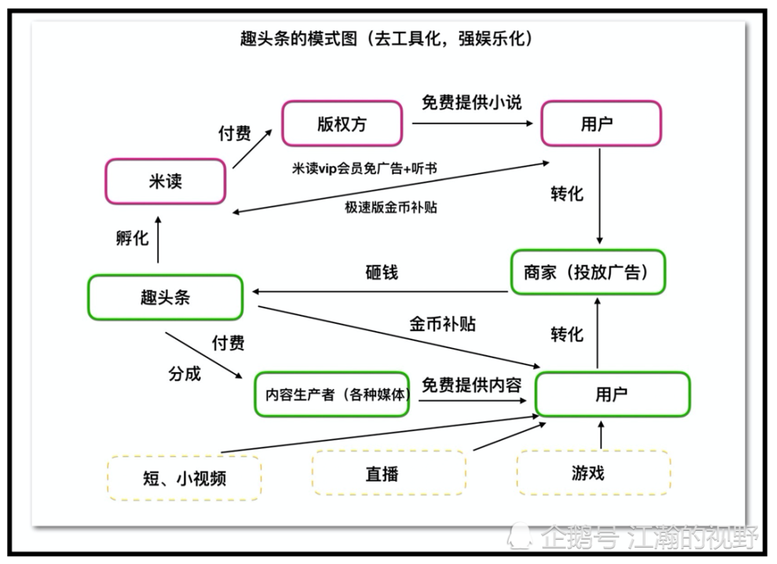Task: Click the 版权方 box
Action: [x=342, y=124]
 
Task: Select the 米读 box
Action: [x=166, y=182]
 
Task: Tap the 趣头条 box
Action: [x=165, y=297]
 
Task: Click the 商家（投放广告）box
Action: [x=588, y=272]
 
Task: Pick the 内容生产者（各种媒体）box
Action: [x=333, y=394]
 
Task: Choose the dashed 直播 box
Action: [x=388, y=473]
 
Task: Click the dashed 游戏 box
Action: [x=593, y=472]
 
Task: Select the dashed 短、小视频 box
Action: [x=184, y=478]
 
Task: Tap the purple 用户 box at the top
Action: [x=601, y=124]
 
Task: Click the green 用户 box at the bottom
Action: [x=612, y=395]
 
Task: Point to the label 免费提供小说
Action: [x=472, y=103]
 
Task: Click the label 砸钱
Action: [x=382, y=273]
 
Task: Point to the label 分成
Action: [x=185, y=374]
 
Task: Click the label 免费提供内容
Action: [x=471, y=384]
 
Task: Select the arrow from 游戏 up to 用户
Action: [x=601, y=435]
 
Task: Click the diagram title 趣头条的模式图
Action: [x=386, y=39]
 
